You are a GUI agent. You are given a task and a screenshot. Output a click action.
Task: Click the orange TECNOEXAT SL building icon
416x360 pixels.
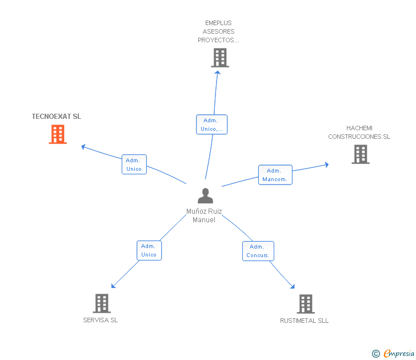click(58, 134)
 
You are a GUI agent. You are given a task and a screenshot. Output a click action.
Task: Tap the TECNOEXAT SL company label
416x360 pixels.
click(57, 117)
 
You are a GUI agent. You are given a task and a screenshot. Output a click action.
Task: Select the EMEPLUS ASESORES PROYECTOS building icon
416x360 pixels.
click(220, 58)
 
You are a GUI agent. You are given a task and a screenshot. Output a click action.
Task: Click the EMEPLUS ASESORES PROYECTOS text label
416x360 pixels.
click(218, 31)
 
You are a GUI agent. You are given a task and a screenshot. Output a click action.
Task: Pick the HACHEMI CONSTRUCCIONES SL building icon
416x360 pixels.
click(361, 154)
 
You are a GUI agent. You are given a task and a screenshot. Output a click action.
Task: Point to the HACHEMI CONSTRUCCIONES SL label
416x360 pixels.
click(359, 133)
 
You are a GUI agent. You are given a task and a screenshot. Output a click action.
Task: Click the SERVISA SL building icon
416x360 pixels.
click(102, 303)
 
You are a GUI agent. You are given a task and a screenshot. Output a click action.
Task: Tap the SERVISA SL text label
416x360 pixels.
click(101, 320)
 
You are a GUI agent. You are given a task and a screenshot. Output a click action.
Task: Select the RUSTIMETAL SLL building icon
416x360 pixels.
click(306, 304)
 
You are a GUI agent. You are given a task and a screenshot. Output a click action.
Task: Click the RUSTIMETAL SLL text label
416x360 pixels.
click(305, 321)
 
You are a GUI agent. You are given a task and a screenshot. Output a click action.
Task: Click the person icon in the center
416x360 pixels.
click(205, 196)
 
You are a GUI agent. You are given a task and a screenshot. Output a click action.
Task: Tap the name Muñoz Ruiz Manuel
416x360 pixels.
click(204, 215)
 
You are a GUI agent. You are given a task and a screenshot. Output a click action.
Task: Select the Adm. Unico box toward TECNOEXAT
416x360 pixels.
click(134, 164)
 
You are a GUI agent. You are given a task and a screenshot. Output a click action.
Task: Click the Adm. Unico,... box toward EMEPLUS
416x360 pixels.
click(211, 125)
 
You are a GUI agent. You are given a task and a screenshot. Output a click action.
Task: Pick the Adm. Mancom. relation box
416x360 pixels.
click(275, 175)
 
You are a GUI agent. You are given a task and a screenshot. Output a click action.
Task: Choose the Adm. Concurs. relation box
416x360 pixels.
click(258, 251)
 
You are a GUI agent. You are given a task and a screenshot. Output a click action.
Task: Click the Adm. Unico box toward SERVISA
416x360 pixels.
click(149, 250)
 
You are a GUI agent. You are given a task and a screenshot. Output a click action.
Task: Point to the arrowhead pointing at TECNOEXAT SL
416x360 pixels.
click(83, 147)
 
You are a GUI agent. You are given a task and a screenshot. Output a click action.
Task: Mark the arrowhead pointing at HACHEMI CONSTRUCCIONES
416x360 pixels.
click(327, 165)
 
